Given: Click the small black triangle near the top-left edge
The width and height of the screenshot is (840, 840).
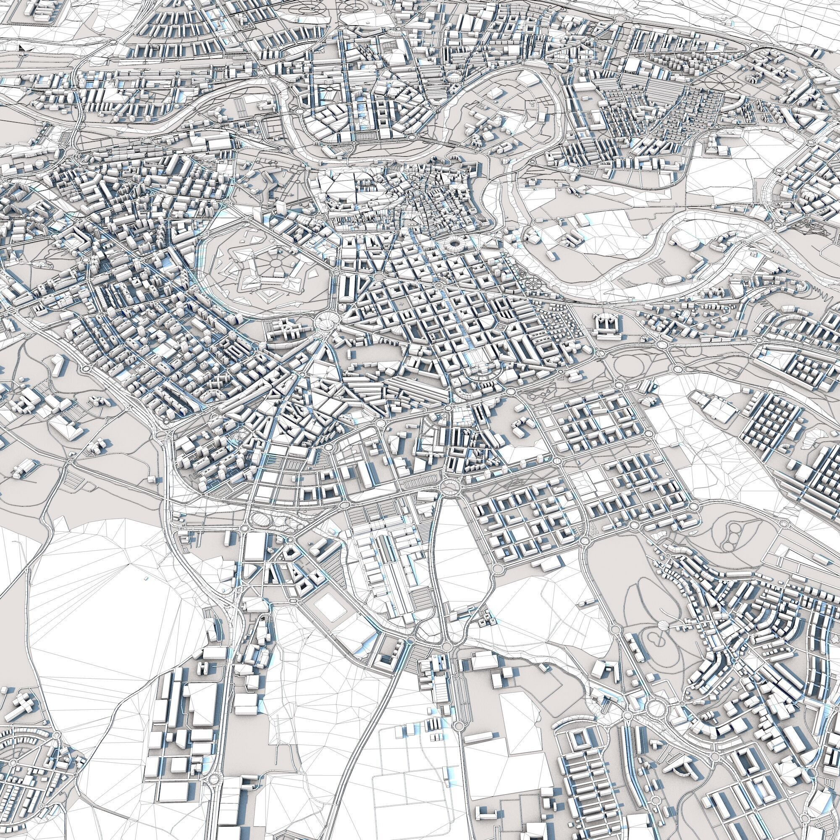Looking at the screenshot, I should (22, 48).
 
